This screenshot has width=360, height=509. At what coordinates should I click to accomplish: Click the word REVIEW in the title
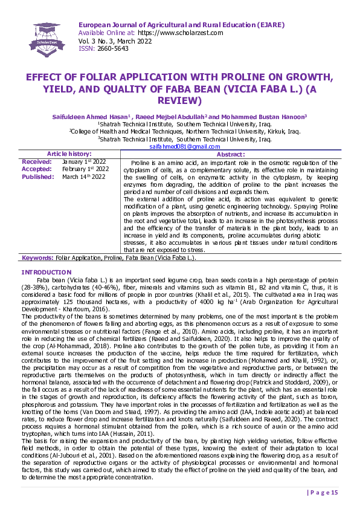[x=179, y=100]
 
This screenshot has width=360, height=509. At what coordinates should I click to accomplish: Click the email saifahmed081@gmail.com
[x=184, y=147]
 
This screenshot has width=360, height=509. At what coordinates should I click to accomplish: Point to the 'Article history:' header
[x=69, y=155]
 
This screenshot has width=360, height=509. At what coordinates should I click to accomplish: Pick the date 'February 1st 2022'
[x=85, y=169]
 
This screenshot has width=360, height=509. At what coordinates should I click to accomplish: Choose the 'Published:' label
[x=38, y=177]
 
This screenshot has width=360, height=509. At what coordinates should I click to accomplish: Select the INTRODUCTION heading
[x=47, y=273]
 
